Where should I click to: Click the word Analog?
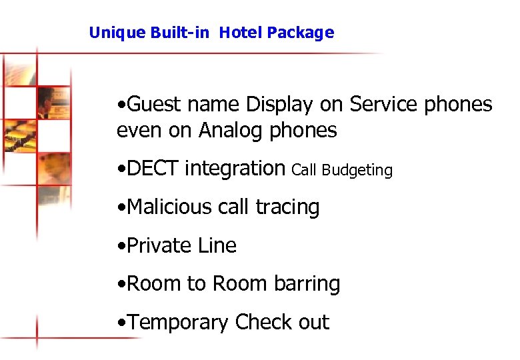point(232,131)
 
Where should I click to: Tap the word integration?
point(235,169)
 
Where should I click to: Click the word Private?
point(153,245)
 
